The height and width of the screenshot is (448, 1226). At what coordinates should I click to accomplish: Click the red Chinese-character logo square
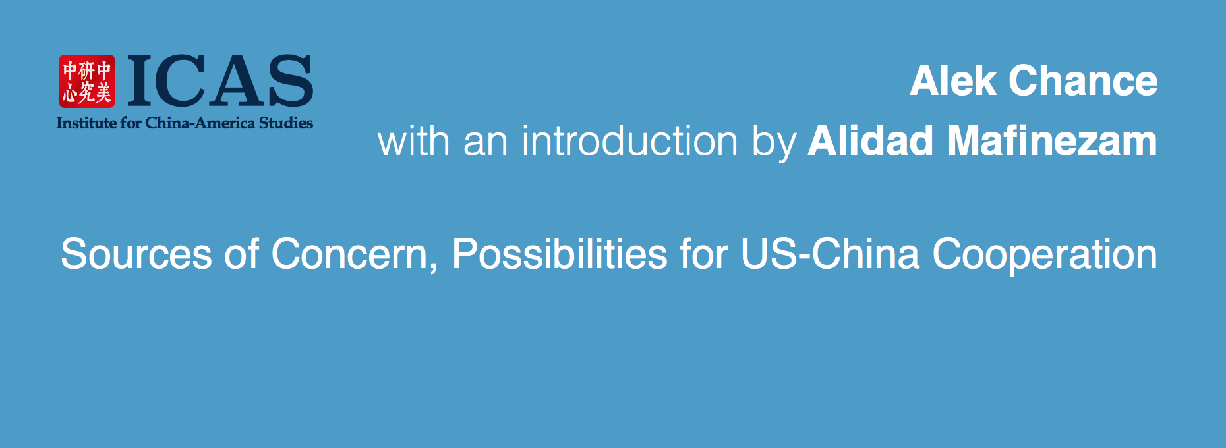point(87,81)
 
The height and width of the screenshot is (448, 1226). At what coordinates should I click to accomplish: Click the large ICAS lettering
point(220,81)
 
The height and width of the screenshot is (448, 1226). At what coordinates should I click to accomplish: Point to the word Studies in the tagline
point(286,123)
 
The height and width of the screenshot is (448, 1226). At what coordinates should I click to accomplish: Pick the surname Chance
point(1083,80)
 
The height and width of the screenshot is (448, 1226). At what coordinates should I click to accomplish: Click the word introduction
point(629,141)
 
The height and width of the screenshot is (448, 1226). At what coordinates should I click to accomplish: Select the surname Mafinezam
point(1053,141)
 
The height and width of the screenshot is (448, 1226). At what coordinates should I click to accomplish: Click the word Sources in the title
point(136,254)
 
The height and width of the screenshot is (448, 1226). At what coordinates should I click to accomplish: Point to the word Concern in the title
point(349,254)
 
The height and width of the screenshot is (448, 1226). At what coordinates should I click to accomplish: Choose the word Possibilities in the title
point(560,254)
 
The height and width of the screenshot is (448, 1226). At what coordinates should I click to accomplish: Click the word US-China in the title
point(830,254)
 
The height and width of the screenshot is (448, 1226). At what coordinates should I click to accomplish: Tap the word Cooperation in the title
point(1045,254)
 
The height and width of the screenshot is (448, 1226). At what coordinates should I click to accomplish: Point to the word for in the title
point(704,254)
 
